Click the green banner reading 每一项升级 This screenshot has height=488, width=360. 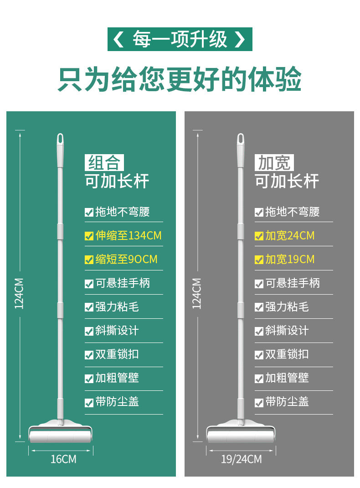(180, 39)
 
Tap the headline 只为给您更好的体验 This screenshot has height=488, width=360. (180, 79)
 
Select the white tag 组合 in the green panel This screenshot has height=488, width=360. (104, 163)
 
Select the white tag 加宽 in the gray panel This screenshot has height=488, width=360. (274, 163)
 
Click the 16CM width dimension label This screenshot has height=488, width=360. (63, 459)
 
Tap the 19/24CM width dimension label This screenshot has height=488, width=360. (241, 459)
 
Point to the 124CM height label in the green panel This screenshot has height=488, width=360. (19, 293)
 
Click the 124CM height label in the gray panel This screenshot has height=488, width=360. (196, 293)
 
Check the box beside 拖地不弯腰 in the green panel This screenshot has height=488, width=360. (89, 212)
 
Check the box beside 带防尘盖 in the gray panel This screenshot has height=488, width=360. (259, 403)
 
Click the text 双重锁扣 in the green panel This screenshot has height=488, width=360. (117, 354)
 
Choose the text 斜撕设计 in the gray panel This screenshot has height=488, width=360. (287, 331)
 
